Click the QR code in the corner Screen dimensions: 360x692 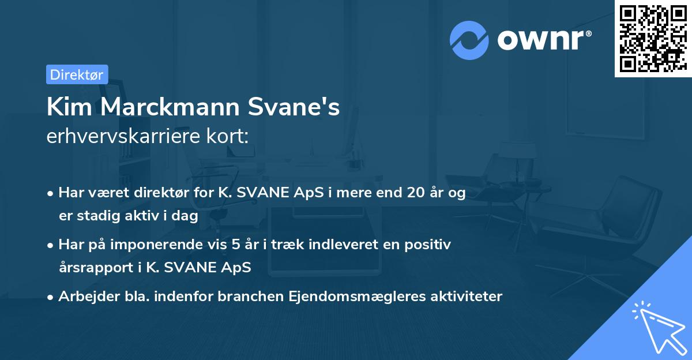653,39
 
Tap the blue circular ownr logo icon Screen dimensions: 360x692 469,40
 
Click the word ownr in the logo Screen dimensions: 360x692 544,40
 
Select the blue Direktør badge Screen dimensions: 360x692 77,74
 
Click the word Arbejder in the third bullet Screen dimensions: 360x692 84,297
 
